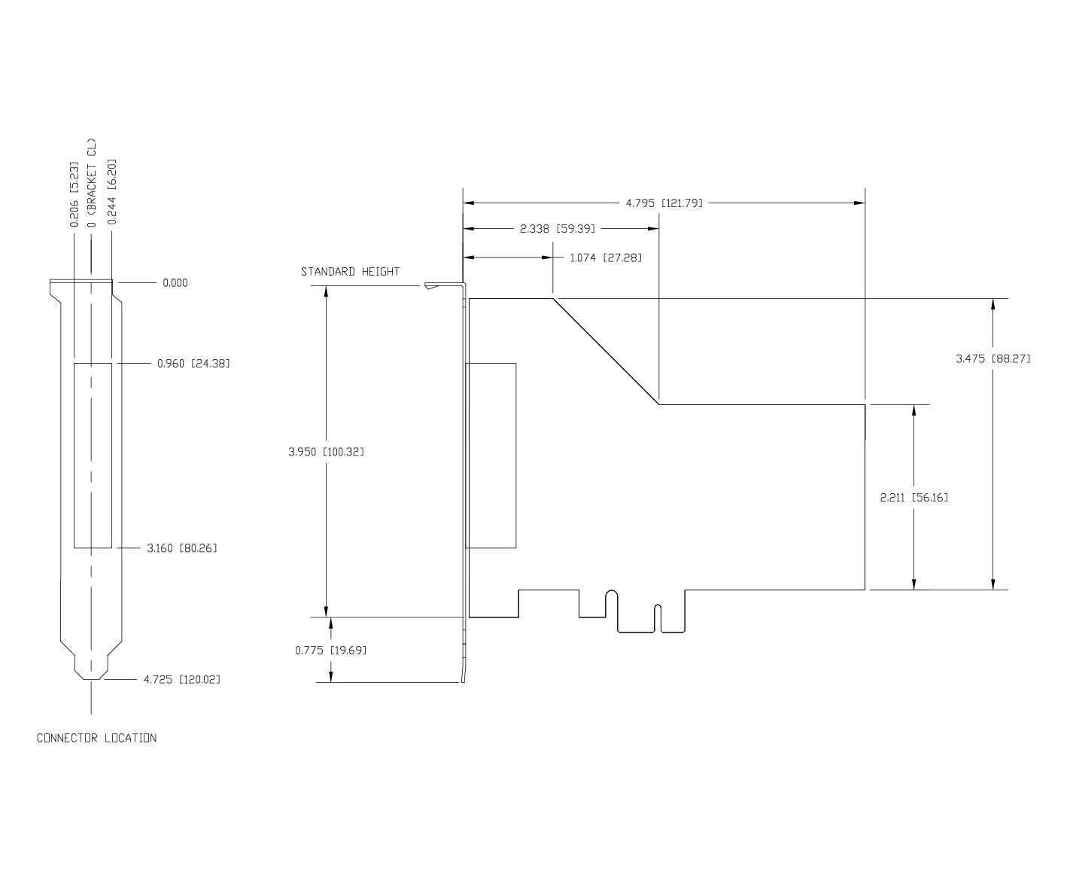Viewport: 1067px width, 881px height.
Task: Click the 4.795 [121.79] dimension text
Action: pyautogui.click(x=664, y=203)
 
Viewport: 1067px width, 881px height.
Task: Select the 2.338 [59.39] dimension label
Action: pyautogui.click(x=558, y=228)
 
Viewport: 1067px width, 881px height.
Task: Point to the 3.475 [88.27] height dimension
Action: pyautogui.click(x=993, y=358)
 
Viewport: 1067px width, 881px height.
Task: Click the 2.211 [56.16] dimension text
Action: pyautogui.click(x=914, y=497)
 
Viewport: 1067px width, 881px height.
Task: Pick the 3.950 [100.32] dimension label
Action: pyautogui.click(x=326, y=452)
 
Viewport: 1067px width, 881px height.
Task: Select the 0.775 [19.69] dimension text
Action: pyautogui.click(x=331, y=650)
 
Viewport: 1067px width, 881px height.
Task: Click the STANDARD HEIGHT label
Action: pyautogui.click(x=350, y=271)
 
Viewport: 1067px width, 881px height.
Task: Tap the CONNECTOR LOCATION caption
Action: pyautogui.click(x=97, y=738)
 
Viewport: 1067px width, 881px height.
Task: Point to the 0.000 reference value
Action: pyautogui.click(x=175, y=283)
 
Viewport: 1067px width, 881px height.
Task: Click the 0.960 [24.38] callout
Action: pyautogui.click(x=193, y=364)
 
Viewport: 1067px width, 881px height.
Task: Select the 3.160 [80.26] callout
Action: pyautogui.click(x=181, y=547)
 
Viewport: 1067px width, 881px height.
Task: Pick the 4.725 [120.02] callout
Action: pyautogui.click(x=181, y=679)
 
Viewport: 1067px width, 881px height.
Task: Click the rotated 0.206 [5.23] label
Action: pyautogui.click(x=74, y=194)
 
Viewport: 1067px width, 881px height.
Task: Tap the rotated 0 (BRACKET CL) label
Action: pyautogui.click(x=92, y=183)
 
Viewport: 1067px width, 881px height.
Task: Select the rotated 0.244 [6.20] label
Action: pyautogui.click(x=111, y=192)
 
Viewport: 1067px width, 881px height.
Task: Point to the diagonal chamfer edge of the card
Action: pyautogui.click(x=606, y=352)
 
